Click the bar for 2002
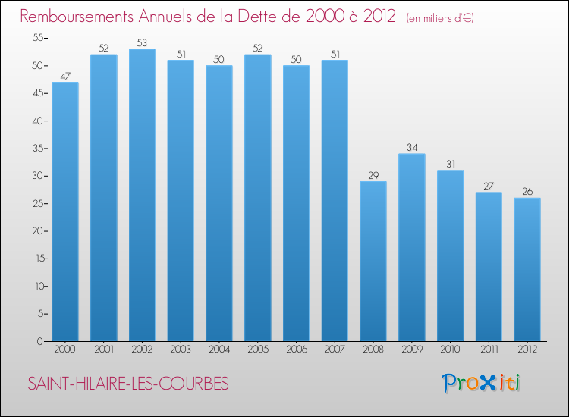142,195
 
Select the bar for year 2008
373,261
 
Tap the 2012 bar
527,269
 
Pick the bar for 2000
65,212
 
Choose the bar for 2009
412,247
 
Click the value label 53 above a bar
142,43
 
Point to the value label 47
65,77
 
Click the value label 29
373,176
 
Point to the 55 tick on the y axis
36,38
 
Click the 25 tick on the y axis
36,203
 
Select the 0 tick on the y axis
39,341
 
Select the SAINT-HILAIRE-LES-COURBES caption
127,384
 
